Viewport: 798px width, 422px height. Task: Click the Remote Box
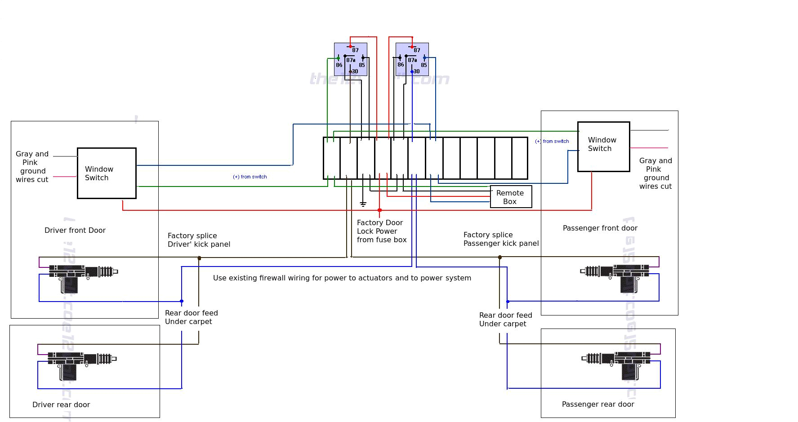511,197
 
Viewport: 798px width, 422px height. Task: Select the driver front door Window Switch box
107,173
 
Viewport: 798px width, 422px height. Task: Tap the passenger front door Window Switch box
603,147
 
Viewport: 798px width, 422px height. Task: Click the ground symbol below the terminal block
363,204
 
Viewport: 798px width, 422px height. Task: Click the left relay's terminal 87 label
355,50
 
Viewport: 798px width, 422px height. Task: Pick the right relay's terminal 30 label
417,71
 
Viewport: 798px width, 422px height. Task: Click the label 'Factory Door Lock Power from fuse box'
381,231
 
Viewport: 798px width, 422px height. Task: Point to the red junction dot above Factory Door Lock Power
379,210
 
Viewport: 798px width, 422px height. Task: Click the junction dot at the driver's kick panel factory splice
199,258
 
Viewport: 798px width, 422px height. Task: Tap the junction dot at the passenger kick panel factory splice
499,258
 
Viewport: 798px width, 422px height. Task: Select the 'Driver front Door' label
75,230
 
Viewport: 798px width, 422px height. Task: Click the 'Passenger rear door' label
597,404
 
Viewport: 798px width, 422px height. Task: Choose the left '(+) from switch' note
250,177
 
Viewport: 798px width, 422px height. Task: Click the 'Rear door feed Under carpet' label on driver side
191,317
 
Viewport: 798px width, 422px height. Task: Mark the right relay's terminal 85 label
424,65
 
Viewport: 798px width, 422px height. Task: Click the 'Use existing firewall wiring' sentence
342,278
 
